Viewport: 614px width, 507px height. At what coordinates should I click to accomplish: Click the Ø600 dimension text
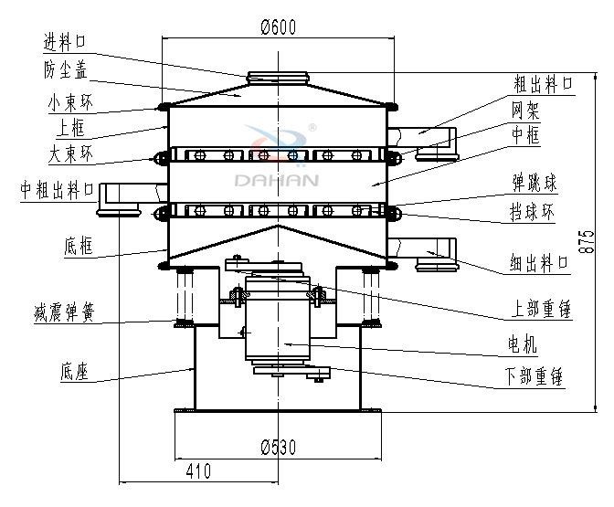pos(279,27)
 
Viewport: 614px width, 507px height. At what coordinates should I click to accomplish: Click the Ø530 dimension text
pos(279,447)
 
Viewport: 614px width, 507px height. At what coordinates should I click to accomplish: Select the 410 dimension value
pos(198,471)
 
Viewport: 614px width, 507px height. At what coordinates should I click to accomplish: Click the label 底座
pos(73,373)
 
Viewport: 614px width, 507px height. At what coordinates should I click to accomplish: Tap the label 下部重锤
pos(539,375)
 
